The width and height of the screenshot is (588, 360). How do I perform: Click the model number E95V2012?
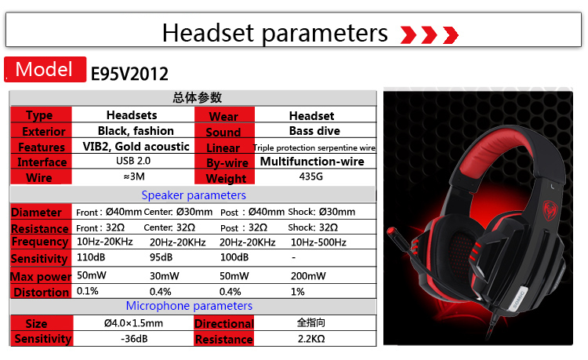tap(129, 74)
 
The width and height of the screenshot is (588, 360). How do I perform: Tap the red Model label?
tap(45, 69)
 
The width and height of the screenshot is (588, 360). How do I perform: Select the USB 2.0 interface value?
tap(133, 161)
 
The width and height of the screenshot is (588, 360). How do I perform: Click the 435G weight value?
tap(311, 176)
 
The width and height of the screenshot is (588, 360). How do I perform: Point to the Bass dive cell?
tap(314, 131)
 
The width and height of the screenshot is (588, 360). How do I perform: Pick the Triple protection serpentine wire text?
tap(314, 147)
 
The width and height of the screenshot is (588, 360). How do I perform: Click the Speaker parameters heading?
tap(194, 195)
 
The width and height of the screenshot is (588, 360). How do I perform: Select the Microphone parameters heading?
tap(189, 306)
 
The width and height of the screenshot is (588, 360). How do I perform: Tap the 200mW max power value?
tap(308, 276)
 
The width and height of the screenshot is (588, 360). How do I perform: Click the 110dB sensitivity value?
tap(91, 257)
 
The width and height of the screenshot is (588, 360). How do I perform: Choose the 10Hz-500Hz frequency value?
tap(318, 242)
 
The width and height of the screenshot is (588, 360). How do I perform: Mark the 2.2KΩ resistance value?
tap(311, 339)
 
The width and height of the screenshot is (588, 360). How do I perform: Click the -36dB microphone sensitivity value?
tap(134, 339)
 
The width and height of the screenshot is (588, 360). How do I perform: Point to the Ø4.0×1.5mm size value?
tap(133, 323)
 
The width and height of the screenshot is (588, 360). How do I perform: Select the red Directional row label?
tap(224, 323)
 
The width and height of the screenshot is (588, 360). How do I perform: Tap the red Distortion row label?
tap(42, 292)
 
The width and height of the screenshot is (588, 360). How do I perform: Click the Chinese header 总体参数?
tap(198, 97)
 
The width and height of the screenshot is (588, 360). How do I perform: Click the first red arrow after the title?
tap(408, 35)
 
